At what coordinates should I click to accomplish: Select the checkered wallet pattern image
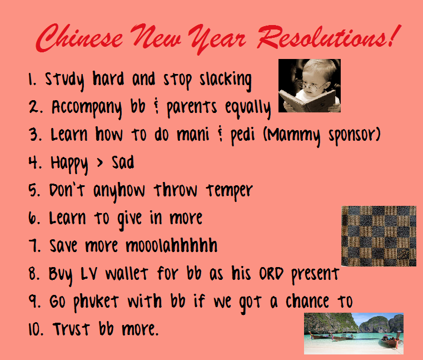tap(379, 236)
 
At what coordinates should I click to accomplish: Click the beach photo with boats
tap(354, 333)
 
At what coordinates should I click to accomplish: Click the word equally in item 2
tap(249, 108)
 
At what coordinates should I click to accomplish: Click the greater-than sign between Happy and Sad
tap(97, 163)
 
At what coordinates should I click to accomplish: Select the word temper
tap(230, 191)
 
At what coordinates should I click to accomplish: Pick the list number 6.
tap(32, 218)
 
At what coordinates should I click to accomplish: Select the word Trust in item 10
tap(73, 329)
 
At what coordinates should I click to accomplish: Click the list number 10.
tap(34, 329)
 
